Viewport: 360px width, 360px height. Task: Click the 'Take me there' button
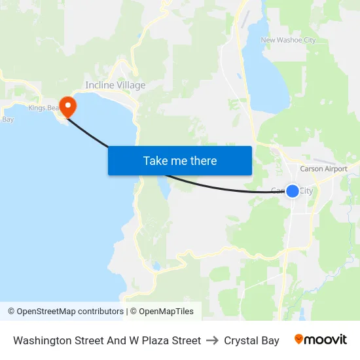click(x=180, y=160)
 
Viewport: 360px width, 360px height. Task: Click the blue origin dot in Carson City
click(x=293, y=190)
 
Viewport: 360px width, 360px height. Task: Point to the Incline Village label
click(x=115, y=85)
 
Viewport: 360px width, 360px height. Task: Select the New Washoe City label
click(x=288, y=40)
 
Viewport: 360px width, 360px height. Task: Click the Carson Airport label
click(x=323, y=169)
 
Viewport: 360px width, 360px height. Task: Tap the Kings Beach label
click(x=43, y=108)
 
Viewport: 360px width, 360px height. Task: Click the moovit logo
click(x=321, y=340)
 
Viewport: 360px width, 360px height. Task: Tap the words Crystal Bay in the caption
click(x=251, y=340)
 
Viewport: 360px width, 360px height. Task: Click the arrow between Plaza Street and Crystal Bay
click(x=212, y=340)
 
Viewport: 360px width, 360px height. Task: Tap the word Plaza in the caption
click(x=151, y=340)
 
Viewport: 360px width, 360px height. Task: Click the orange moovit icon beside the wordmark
click(x=299, y=339)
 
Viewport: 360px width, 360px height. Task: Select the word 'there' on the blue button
click(x=200, y=160)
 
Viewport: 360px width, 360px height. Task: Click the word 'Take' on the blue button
click(x=155, y=160)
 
